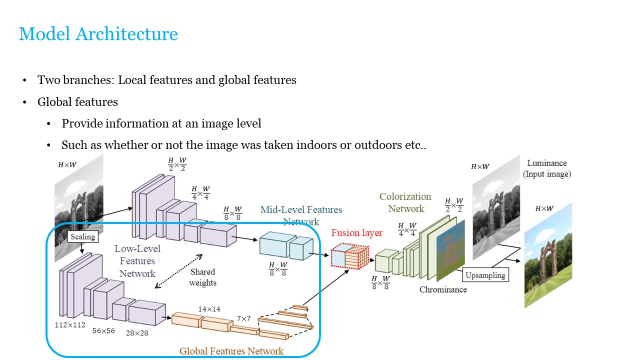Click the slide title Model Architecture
click(98, 34)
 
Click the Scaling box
click(82, 236)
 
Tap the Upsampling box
click(485, 275)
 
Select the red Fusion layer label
click(356, 233)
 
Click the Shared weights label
click(202, 277)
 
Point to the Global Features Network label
click(231, 351)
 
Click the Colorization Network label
click(405, 202)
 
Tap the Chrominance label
click(443, 289)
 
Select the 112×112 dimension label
click(70, 324)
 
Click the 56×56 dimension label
click(103, 330)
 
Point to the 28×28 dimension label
click(136, 332)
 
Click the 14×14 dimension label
click(209, 309)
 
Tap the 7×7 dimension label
click(244, 318)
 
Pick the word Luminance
click(547, 163)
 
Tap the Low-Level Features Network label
click(137, 261)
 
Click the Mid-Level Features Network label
click(301, 215)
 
